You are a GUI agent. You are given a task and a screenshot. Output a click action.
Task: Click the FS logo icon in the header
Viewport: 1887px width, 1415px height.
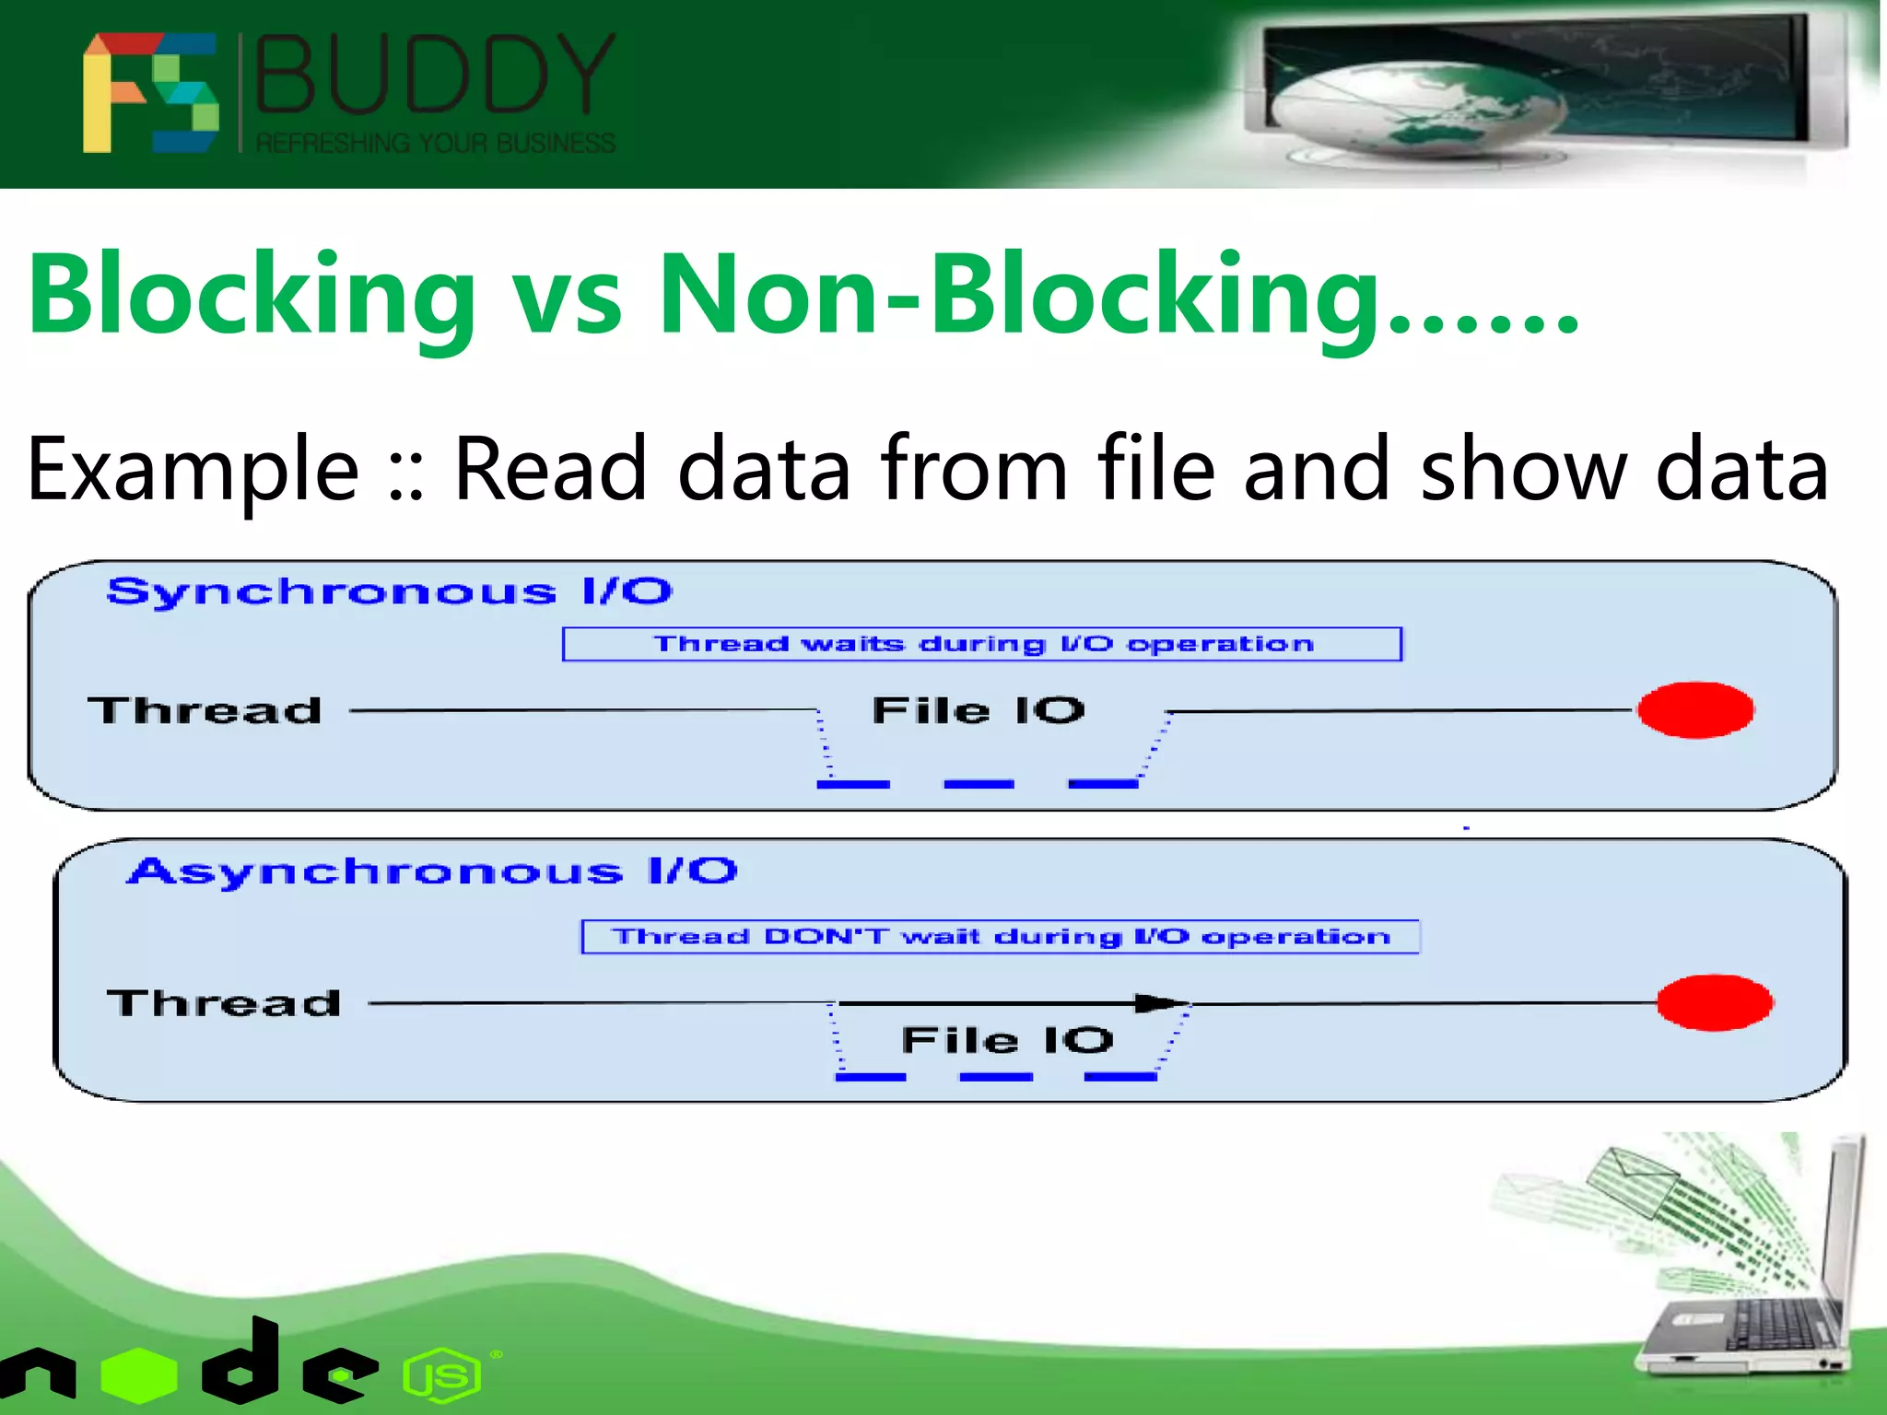(150, 92)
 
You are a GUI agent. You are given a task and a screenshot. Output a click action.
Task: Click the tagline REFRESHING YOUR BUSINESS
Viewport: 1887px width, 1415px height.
(435, 144)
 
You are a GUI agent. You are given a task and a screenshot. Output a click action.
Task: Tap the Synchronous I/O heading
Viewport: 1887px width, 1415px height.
(389, 591)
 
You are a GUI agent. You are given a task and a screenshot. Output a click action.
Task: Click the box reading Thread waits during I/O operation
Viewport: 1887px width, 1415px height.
(981, 644)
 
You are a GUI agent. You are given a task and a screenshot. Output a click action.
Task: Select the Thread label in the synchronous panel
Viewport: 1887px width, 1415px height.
(205, 711)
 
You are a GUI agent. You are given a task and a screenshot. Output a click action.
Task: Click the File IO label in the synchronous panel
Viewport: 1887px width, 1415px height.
(979, 710)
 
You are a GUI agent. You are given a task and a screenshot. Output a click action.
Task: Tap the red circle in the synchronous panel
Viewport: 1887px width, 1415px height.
(1695, 710)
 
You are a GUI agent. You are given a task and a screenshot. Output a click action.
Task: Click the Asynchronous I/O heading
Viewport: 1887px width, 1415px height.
(432, 871)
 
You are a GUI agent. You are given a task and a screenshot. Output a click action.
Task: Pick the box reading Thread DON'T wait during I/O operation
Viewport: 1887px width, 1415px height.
(1000, 937)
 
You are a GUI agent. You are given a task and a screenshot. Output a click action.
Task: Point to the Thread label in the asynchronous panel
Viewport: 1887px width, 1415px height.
(224, 1003)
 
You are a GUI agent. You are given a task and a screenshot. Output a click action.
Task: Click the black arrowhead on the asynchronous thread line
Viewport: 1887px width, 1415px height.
(1159, 1003)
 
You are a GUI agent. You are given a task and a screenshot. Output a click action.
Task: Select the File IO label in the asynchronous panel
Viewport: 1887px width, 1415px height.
(1007, 1041)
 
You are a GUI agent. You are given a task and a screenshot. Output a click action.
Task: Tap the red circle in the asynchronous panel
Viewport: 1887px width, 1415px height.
(1714, 1003)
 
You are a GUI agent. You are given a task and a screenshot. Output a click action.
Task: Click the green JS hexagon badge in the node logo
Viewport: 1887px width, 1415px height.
(443, 1376)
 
